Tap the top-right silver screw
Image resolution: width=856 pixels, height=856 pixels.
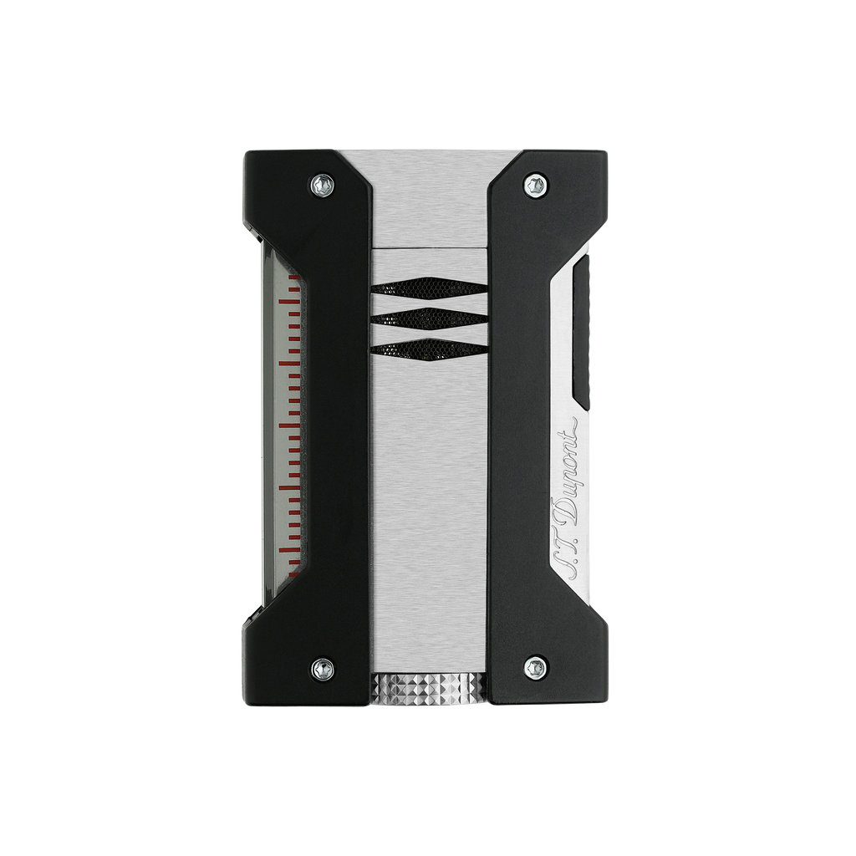click(535, 185)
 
